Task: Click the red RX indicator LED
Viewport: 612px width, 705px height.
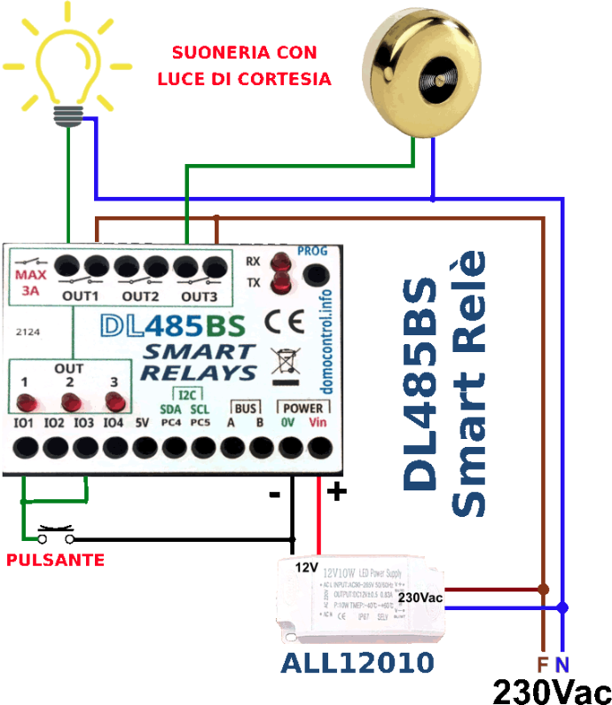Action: coord(282,262)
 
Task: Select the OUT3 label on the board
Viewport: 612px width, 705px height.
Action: coord(199,295)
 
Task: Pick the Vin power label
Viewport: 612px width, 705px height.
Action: coord(318,423)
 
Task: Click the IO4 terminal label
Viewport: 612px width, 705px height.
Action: coord(113,423)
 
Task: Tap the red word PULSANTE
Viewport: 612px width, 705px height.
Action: coord(55,560)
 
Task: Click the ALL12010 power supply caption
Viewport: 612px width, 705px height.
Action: coord(357,662)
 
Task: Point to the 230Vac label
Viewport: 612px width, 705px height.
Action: coord(420,598)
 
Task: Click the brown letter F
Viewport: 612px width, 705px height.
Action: coord(543,664)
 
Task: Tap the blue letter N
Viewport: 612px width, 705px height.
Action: coord(562,664)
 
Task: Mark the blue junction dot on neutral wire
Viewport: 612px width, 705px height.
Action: coord(562,607)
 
